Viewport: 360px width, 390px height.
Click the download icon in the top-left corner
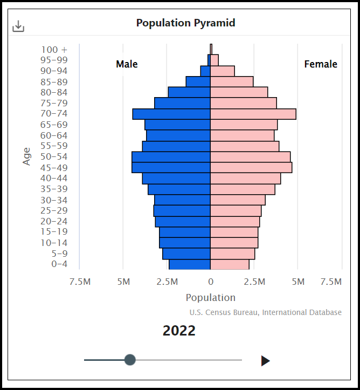click(18, 26)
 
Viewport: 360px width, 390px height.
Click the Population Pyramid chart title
click(185, 23)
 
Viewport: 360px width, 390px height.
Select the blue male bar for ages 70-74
click(171, 114)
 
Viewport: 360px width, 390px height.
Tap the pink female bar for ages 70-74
click(253, 114)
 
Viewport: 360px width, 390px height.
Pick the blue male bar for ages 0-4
click(189, 264)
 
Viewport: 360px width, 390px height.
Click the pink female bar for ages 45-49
click(251, 167)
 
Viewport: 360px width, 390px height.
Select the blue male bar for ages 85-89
click(198, 81)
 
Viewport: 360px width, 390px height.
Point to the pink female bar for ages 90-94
click(222, 71)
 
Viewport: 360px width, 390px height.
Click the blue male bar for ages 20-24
click(183, 221)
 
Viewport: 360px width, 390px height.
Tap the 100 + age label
click(54, 50)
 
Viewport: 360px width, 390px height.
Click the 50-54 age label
click(54, 157)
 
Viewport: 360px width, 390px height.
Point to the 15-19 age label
click(54, 232)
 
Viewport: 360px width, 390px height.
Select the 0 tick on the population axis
click(210, 282)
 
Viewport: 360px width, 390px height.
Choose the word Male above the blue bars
click(127, 64)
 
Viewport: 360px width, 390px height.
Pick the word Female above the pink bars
click(321, 64)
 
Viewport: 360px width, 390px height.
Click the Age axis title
click(27, 156)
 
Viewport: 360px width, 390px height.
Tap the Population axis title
click(210, 298)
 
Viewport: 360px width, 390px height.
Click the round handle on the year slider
click(130, 360)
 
